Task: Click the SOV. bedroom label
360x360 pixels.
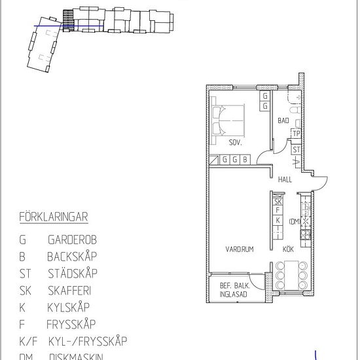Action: click(236, 143)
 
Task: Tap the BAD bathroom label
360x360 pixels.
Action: click(283, 121)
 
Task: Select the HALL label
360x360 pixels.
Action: click(285, 179)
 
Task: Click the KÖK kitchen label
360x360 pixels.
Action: click(288, 249)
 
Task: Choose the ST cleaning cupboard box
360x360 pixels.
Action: click(297, 149)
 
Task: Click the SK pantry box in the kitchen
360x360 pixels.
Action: click(278, 202)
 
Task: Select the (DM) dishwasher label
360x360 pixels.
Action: click(294, 221)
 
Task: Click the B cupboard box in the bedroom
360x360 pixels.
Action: click(245, 159)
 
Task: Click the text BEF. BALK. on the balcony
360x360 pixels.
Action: click(234, 285)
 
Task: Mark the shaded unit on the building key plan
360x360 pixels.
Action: click(65, 20)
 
